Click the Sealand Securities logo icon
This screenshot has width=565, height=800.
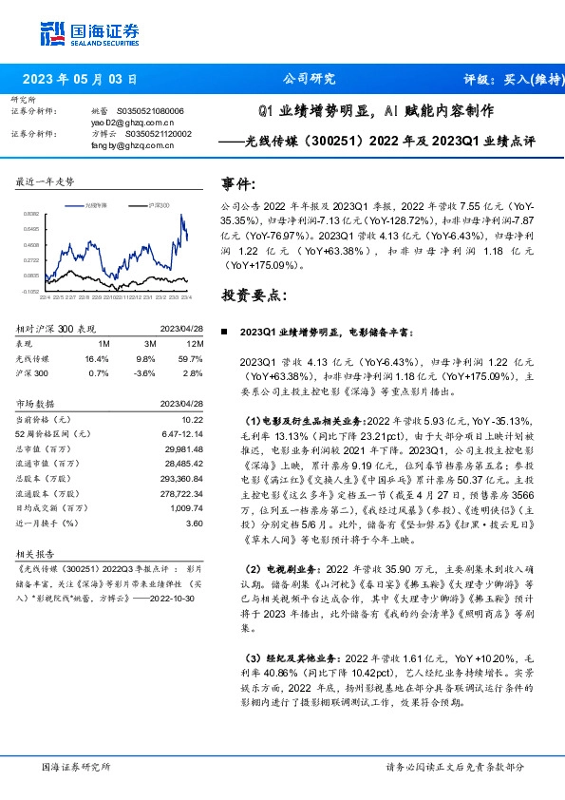click(52, 34)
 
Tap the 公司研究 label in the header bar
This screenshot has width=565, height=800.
click(310, 79)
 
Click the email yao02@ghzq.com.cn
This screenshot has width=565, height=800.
click(132, 123)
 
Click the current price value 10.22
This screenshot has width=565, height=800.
click(192, 419)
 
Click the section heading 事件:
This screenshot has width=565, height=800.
click(237, 183)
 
